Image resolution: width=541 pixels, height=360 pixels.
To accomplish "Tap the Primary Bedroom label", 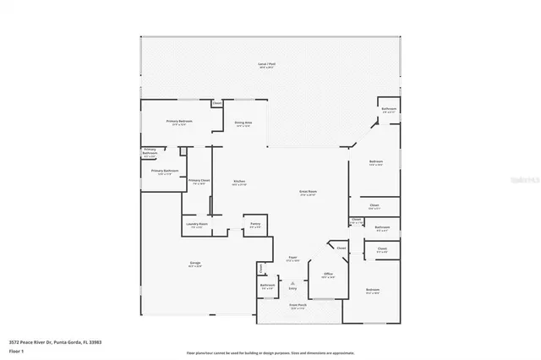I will point(178,122).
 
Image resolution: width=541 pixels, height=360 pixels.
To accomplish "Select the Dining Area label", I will point(243,123).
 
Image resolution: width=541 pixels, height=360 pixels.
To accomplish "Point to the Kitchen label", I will point(239,182).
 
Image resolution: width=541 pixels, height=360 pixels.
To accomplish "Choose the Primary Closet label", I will point(199,180).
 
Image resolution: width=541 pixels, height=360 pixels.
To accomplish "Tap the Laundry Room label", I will point(198,224).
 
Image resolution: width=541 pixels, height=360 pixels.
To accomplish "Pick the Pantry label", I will point(255,224).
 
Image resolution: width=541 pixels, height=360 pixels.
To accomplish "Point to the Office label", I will point(328,275).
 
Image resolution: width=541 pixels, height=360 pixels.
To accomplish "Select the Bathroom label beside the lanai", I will point(389,109).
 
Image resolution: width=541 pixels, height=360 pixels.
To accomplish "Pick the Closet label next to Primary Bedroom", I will point(216,104).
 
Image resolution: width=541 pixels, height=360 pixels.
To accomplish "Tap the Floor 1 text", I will point(17,351).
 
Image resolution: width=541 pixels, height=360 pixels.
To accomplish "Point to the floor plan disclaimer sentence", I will point(270,352).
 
